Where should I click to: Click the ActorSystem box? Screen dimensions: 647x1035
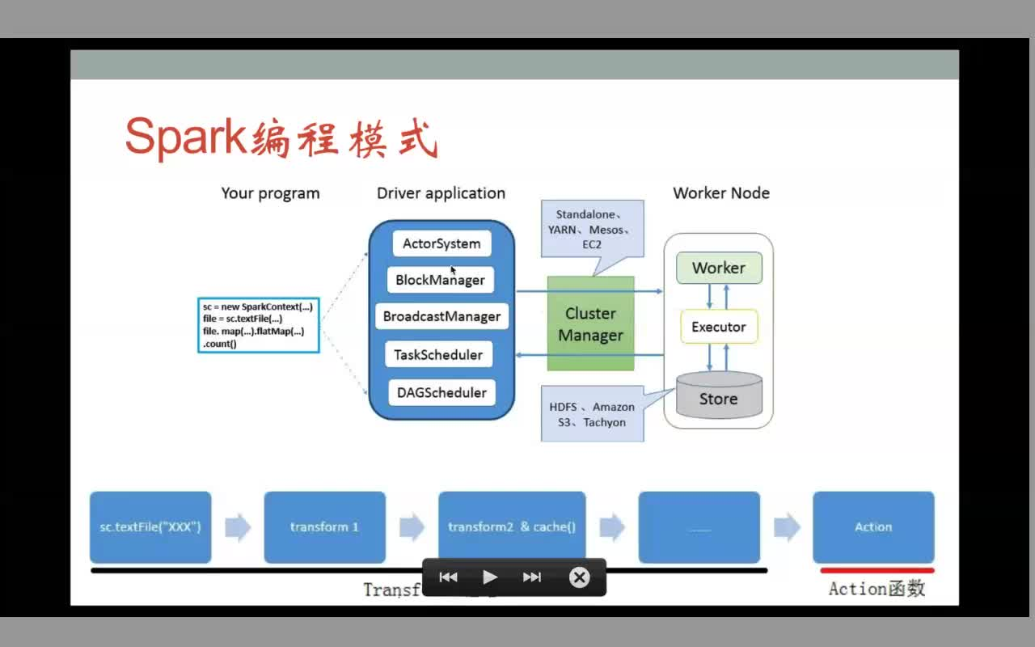(441, 243)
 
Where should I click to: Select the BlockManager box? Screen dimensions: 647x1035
(441, 280)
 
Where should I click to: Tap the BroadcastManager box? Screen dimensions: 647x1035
(441, 316)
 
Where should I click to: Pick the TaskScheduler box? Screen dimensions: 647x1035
(438, 354)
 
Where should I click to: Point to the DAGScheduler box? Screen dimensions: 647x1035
(441, 392)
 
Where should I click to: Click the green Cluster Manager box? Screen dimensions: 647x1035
(590, 324)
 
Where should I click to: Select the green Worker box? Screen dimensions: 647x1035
(719, 268)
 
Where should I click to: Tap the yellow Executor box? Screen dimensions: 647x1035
(719, 327)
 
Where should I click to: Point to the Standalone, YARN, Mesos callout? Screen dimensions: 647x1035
(592, 229)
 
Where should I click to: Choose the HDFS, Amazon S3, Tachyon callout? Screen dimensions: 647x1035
(592, 414)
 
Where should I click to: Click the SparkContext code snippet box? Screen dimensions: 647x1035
(258, 325)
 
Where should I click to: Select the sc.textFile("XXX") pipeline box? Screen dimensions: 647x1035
(150, 527)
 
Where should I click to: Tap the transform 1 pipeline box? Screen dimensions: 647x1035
(324, 527)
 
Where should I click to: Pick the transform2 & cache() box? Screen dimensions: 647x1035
(512, 527)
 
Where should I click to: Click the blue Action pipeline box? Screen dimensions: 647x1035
(873, 527)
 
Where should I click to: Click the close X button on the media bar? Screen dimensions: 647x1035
(579, 577)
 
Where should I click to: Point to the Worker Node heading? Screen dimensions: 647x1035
(721, 193)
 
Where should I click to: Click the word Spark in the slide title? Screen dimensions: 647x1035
(186, 137)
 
